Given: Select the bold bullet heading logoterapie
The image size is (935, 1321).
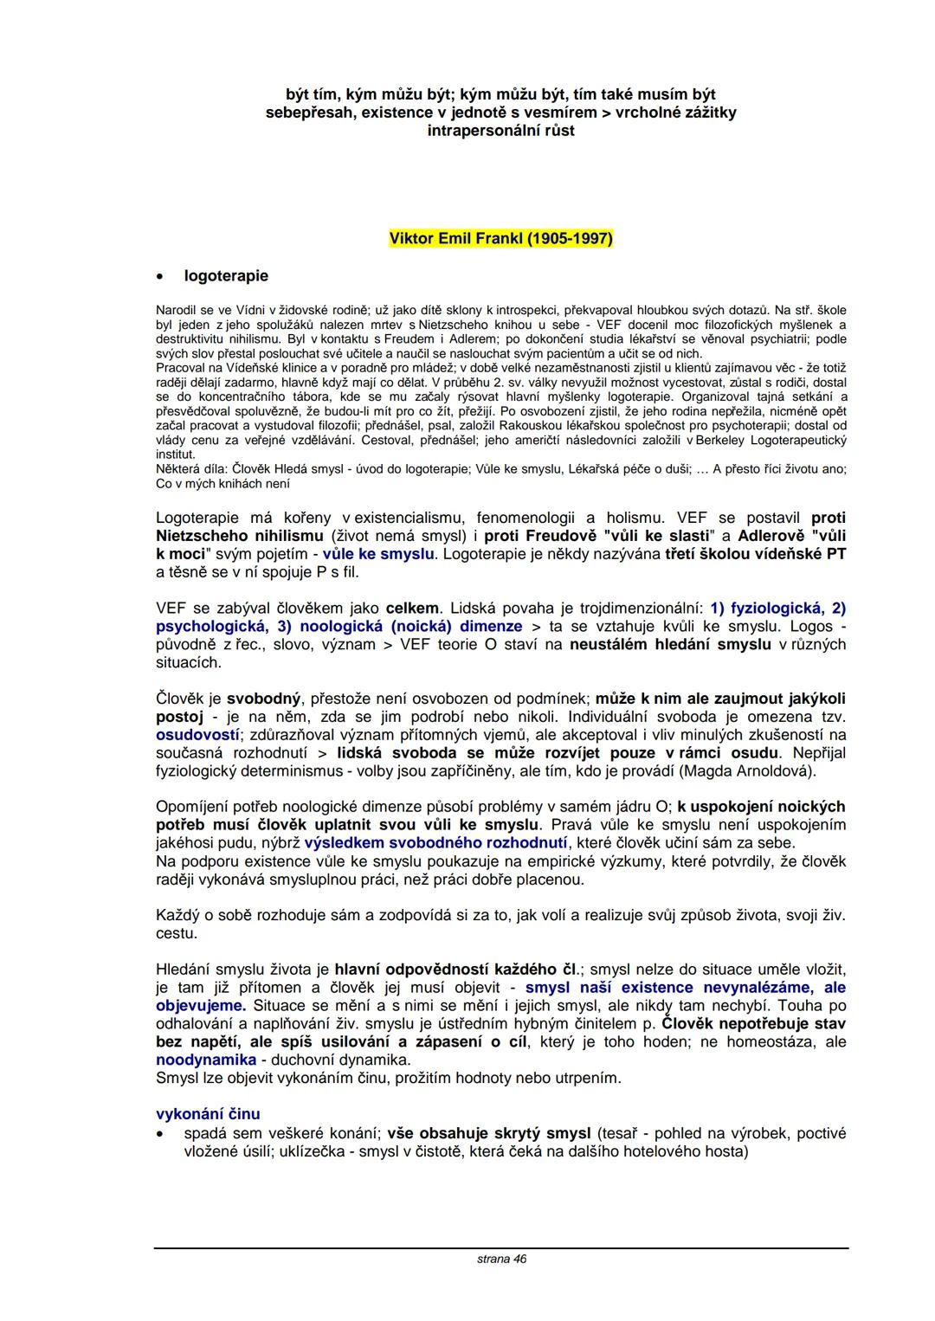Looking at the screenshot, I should tap(226, 276).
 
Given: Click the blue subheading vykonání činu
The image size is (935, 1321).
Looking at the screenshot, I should tap(208, 1114).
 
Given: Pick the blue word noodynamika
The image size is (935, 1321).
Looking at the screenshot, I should tap(206, 1060).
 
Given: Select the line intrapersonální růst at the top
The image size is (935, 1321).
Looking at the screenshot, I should tap(500, 131).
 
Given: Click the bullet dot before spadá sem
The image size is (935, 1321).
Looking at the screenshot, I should tap(160, 1134).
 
